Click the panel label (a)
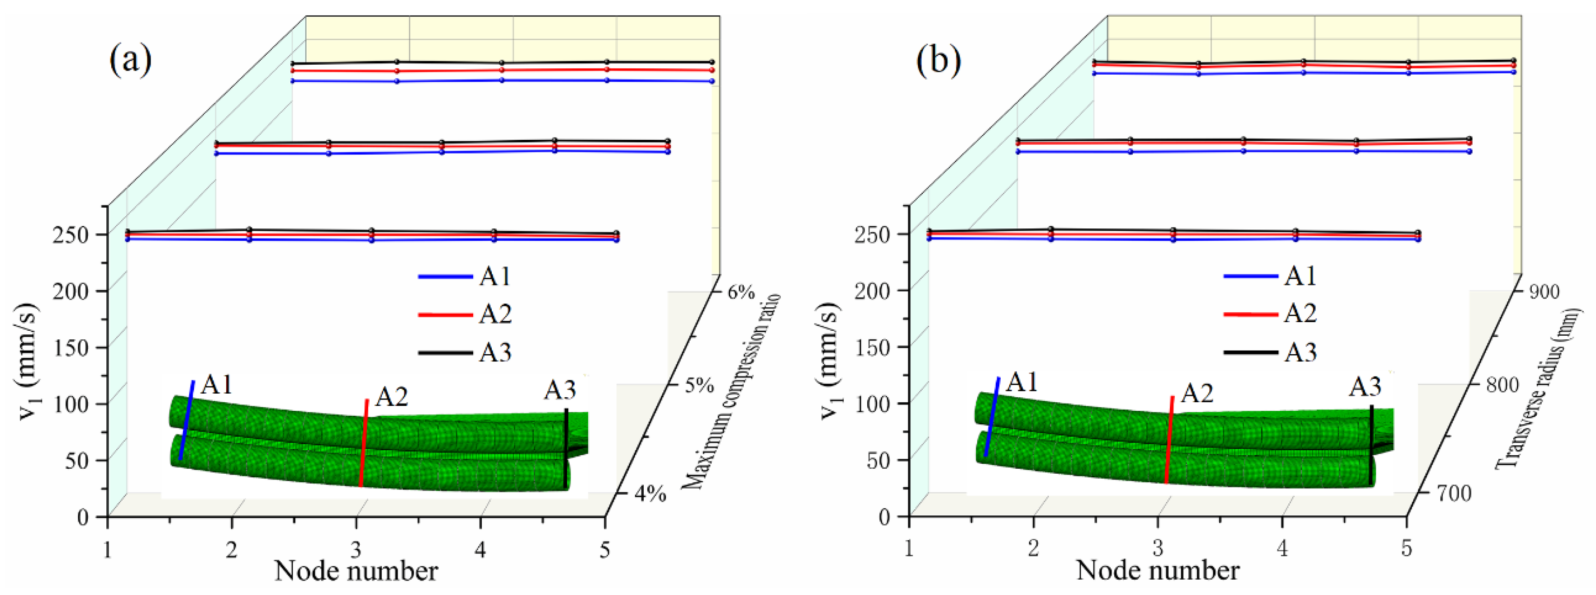(x=130, y=61)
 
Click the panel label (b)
(x=939, y=61)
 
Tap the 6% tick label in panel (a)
(x=741, y=291)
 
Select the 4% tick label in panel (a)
(x=651, y=494)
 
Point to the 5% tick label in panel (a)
(x=699, y=386)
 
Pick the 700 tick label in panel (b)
(x=1453, y=494)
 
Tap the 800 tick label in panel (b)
(x=1502, y=386)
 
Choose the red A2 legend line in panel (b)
(x=1250, y=314)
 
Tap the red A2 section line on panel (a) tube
(x=364, y=443)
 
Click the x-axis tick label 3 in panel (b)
(x=1157, y=548)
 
